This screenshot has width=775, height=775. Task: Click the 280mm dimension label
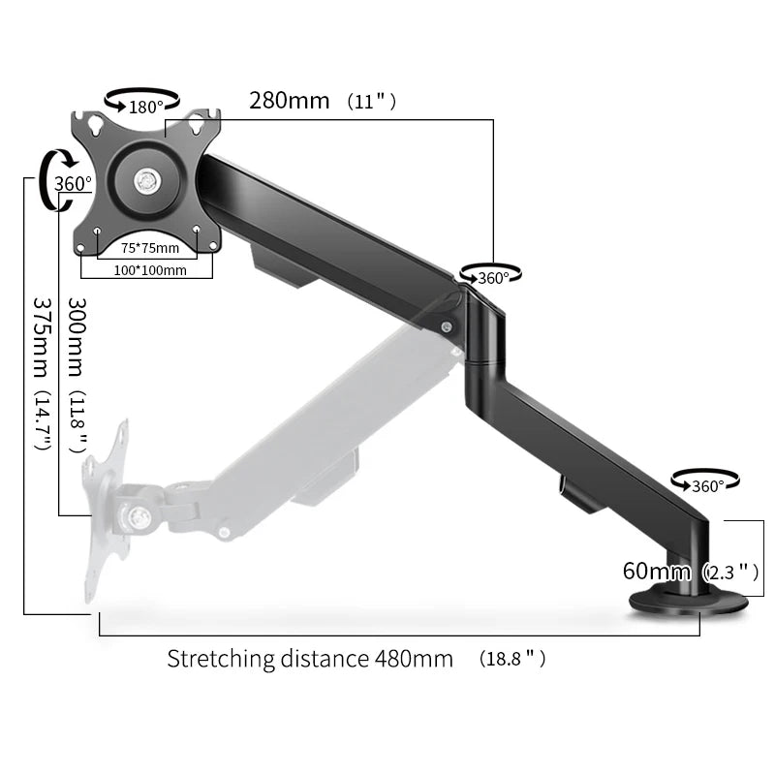tap(288, 101)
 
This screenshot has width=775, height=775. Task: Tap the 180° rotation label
tap(146, 107)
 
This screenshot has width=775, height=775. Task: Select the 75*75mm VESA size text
tap(149, 249)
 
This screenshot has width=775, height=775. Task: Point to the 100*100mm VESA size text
tap(149, 270)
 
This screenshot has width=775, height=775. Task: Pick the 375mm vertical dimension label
tap(41, 341)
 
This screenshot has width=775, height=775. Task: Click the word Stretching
tap(222, 660)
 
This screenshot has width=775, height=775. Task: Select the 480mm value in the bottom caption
tap(414, 660)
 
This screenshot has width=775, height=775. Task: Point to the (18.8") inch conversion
tap(512, 660)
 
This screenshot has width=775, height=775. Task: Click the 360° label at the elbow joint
tap(493, 278)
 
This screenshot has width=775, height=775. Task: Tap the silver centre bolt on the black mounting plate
tap(146, 178)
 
